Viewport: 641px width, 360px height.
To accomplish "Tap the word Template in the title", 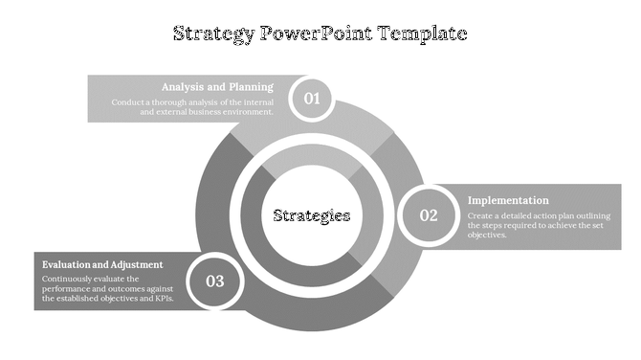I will coord(423,34).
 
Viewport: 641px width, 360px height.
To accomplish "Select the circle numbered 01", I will coord(311,98).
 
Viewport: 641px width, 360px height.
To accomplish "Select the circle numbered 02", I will coord(428,215).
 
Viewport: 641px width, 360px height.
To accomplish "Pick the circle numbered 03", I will coord(214,281).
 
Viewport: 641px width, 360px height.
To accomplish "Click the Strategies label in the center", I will coord(312,215).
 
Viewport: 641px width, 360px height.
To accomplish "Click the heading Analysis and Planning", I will coord(217,86).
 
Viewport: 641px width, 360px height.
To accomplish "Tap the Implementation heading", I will coord(508,200).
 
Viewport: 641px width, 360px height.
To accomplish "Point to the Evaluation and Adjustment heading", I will coord(102,264).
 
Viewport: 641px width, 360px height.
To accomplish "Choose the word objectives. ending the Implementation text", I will coord(487,235).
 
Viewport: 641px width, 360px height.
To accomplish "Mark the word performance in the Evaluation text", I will coord(68,288).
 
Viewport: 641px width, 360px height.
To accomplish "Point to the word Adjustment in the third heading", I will coord(135,264).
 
